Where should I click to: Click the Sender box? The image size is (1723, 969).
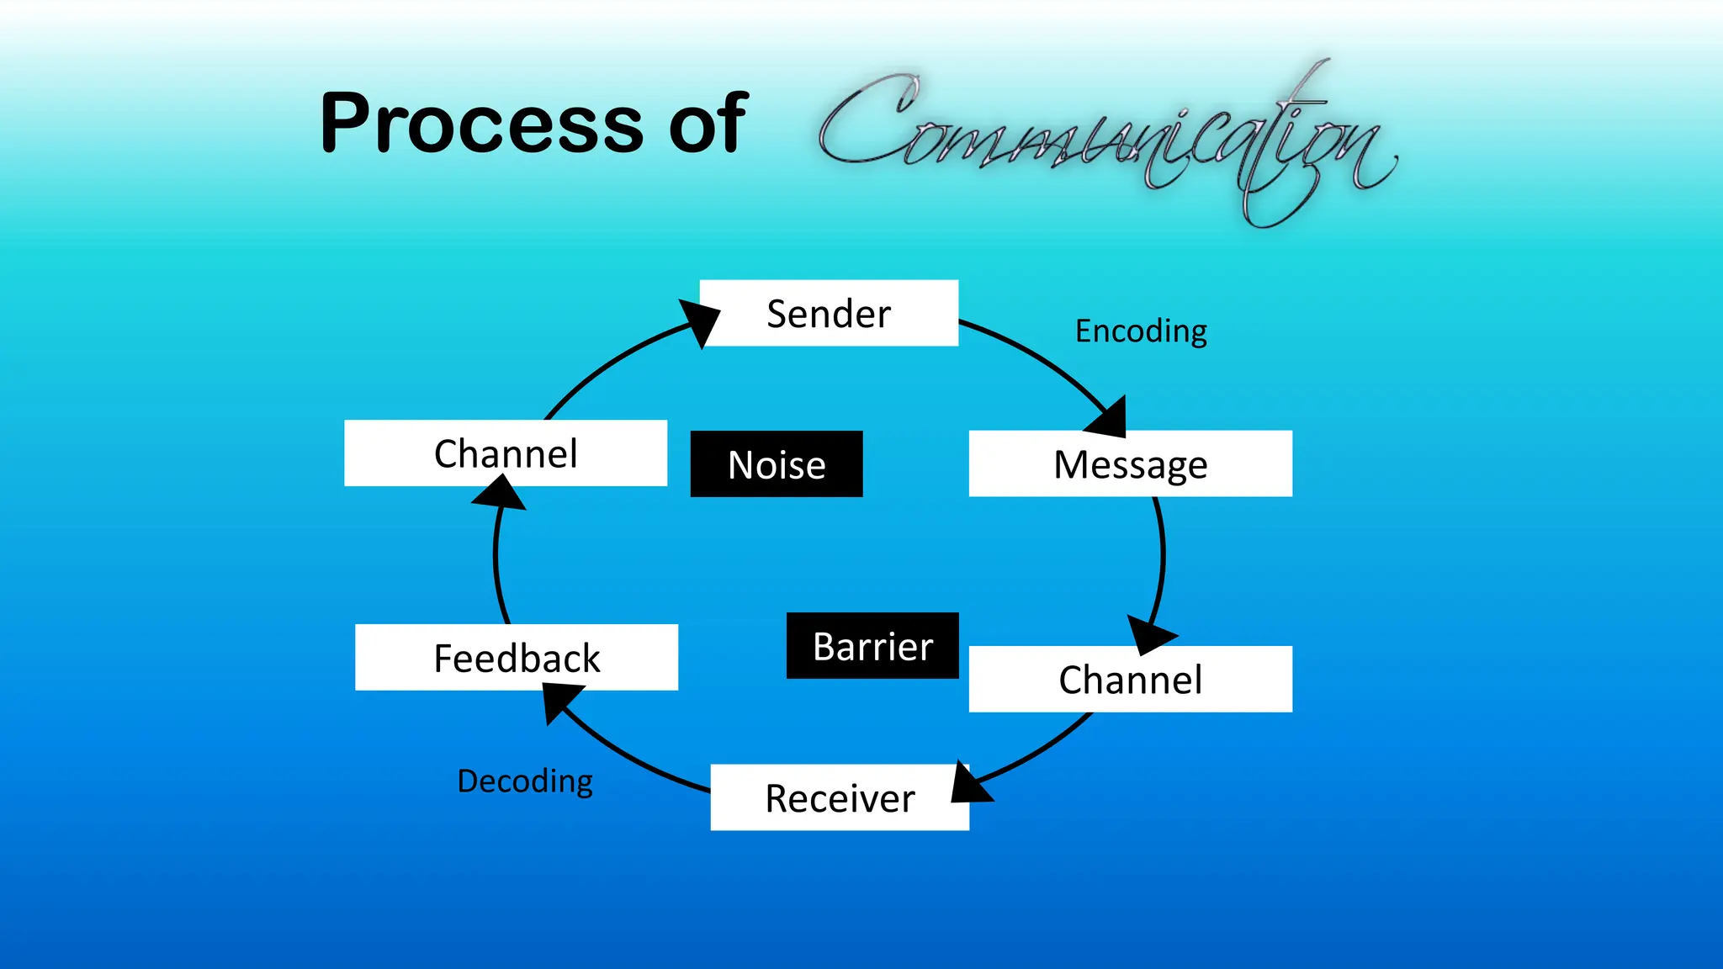829,313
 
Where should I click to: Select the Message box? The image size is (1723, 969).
1130,464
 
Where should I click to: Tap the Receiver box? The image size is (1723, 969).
840,797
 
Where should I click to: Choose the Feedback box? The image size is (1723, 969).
517,658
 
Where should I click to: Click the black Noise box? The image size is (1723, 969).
777,464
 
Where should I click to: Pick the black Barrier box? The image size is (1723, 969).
872,646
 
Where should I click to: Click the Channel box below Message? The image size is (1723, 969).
1130,680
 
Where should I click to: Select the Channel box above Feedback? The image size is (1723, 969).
506,453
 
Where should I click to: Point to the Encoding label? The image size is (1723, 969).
1141,331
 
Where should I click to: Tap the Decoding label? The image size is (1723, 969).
525,781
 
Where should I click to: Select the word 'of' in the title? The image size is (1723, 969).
707,124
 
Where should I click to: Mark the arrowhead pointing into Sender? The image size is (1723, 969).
701,320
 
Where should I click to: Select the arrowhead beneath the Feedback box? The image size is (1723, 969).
560,700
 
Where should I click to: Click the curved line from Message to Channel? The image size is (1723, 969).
1162,555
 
